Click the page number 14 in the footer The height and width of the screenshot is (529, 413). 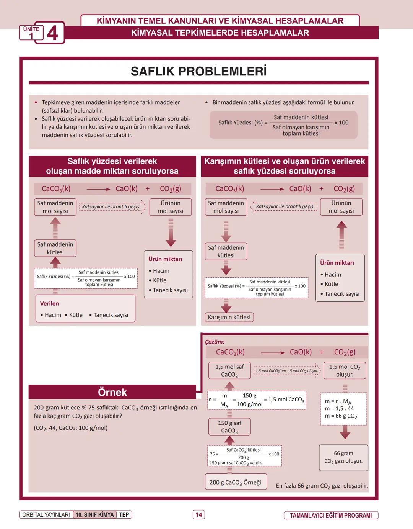pyautogui.click(x=198, y=514)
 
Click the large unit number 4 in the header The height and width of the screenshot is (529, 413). pyautogui.click(x=52, y=33)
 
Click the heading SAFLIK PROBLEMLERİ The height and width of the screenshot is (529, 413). pyautogui.click(x=198, y=71)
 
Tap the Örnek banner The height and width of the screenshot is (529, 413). pyautogui.click(x=112, y=392)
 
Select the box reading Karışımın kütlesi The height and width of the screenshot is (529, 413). pyautogui.click(x=229, y=317)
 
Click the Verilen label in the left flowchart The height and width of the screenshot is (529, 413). pyautogui.click(x=49, y=303)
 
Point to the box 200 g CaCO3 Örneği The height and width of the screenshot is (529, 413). pyautogui.click(x=235, y=482)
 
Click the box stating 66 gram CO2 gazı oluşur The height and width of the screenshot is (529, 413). pyautogui.click(x=343, y=457)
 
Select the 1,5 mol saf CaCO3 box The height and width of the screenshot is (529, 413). pyautogui.click(x=229, y=370)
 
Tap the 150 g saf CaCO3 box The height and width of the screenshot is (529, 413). pyautogui.click(x=229, y=427)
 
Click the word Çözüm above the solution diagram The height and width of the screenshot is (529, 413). pyautogui.click(x=215, y=342)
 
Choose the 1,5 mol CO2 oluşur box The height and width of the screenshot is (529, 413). pyautogui.click(x=345, y=370)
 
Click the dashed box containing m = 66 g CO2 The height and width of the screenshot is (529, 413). pyautogui.click(x=343, y=409)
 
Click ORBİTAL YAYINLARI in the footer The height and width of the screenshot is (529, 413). pyautogui.click(x=46, y=514)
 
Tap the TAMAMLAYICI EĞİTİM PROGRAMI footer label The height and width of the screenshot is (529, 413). pyautogui.click(x=330, y=515)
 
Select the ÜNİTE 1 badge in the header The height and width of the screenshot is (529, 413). pyautogui.click(x=31, y=33)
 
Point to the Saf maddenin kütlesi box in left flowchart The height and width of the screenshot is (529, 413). pyautogui.click(x=55, y=248)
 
